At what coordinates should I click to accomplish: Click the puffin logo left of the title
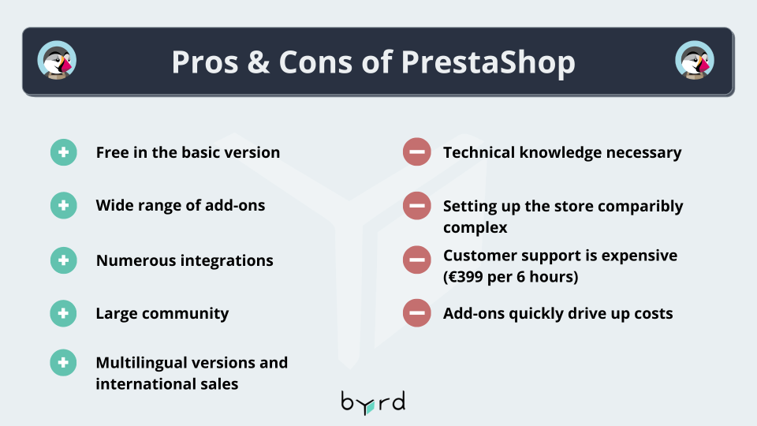[x=57, y=61]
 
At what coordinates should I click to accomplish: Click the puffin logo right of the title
[x=695, y=61]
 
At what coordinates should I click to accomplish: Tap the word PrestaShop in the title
[x=488, y=63]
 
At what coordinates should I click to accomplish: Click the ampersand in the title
[x=259, y=62]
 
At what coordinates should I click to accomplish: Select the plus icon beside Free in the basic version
[x=64, y=152]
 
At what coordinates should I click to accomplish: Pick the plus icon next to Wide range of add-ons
[x=64, y=205]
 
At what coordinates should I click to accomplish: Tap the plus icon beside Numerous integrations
[x=64, y=260]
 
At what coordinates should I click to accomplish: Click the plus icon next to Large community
[x=63, y=313]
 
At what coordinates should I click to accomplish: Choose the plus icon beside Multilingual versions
[x=63, y=363]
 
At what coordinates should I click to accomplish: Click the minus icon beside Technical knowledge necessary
[x=417, y=151]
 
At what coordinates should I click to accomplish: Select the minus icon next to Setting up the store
[x=417, y=205]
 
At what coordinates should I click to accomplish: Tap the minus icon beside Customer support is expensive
[x=417, y=260]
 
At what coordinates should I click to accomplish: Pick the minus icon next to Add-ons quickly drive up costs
[x=417, y=313]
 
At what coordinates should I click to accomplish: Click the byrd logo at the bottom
[x=373, y=403]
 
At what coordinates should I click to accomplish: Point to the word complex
[x=475, y=227]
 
